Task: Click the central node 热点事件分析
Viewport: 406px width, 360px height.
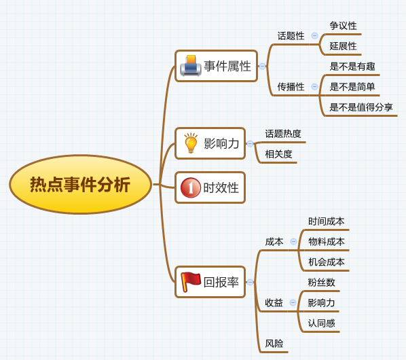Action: (80, 184)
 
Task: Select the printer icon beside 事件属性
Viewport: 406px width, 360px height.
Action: (191, 66)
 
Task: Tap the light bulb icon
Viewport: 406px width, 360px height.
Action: (191, 143)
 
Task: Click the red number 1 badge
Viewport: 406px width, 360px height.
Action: (191, 187)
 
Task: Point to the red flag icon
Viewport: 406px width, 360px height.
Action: (191, 282)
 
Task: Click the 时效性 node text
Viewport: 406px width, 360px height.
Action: (221, 187)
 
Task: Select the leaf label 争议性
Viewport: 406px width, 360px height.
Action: (343, 26)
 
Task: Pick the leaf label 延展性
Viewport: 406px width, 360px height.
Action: (343, 46)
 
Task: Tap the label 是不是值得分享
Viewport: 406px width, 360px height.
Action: (361, 107)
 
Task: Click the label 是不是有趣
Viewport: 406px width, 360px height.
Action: (352, 67)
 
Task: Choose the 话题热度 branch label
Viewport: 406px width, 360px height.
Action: (283, 134)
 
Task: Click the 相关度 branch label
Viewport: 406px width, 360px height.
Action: (278, 154)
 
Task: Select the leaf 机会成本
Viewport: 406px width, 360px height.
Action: (327, 262)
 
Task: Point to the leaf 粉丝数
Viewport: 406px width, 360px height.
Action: (321, 283)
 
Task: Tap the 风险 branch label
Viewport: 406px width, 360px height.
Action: (274, 344)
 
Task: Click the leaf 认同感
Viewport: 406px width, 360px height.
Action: (321, 323)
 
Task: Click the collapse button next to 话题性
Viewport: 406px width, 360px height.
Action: (314, 36)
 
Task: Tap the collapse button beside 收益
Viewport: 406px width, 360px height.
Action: (293, 302)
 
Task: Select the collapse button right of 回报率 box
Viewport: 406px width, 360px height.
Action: (250, 282)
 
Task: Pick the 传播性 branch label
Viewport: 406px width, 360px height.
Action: (291, 87)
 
